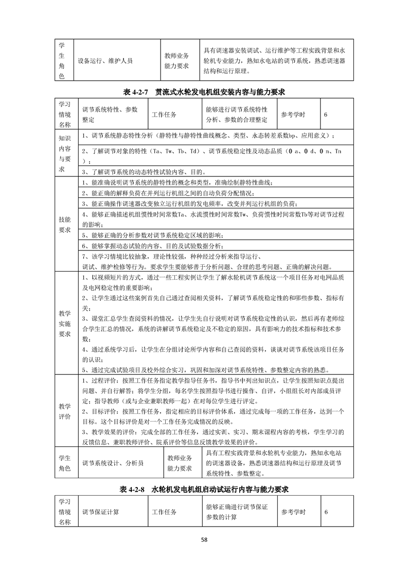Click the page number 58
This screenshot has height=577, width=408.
(204, 539)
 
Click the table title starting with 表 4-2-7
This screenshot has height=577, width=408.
(204, 92)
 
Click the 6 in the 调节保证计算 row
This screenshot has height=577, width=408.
(326, 512)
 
